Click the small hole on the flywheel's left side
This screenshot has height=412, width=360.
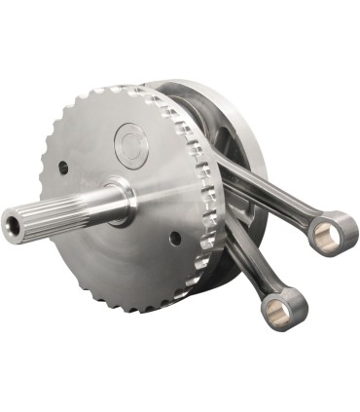click(63, 167)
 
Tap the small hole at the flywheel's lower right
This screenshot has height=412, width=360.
click(174, 237)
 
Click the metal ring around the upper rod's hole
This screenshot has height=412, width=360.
click(335, 226)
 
